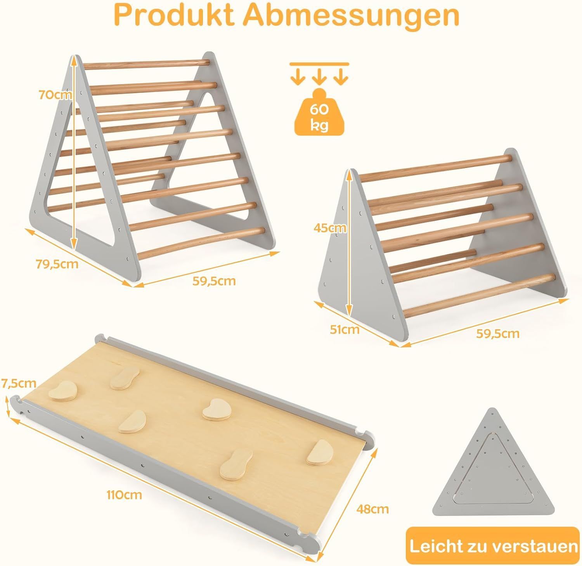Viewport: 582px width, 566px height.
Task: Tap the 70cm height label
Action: pyautogui.click(x=55, y=94)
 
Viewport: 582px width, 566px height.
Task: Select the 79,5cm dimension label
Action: pyautogui.click(x=57, y=264)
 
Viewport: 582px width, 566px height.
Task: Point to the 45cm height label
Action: pyautogui.click(x=329, y=228)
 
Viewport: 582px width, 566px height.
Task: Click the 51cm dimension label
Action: pyautogui.click(x=345, y=330)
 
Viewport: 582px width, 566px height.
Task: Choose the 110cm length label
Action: pyautogui.click(x=125, y=495)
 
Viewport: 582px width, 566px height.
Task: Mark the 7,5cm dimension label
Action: pyautogui.click(x=19, y=384)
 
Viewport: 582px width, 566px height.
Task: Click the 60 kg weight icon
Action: pyautogui.click(x=319, y=113)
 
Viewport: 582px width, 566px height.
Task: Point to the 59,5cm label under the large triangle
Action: pyautogui.click(x=214, y=280)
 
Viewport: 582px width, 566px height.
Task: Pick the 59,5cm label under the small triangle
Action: pyautogui.click(x=498, y=333)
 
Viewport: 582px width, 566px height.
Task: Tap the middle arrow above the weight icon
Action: pyautogui.click(x=319, y=77)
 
